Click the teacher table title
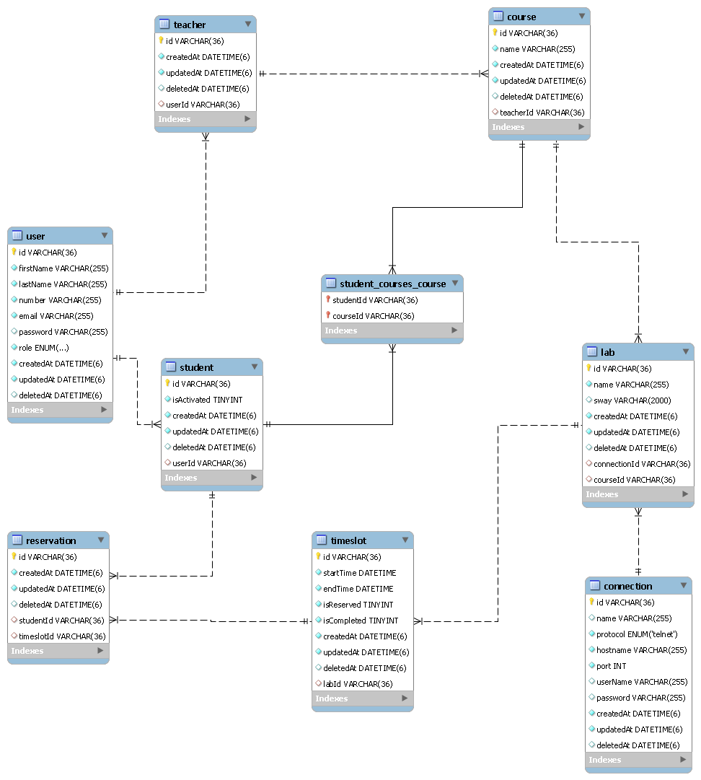pos(190,25)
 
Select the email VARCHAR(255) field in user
pos(56,316)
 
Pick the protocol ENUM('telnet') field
pos(636,634)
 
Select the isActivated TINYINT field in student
pos(207,400)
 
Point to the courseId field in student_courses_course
pos(373,316)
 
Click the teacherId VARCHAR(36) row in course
pos(542,113)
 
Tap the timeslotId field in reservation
pos(62,636)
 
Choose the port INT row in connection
pos(611,666)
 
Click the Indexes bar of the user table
pos(60,410)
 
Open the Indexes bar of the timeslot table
pos(363,698)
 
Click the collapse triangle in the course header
pos(581,16)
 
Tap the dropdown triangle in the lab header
pos(685,351)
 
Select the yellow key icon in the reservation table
pos(14,556)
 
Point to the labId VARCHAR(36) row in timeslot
pos(358,684)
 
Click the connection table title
pos(627,586)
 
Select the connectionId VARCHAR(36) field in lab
pos(642,464)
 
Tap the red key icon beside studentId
pos(328,299)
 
